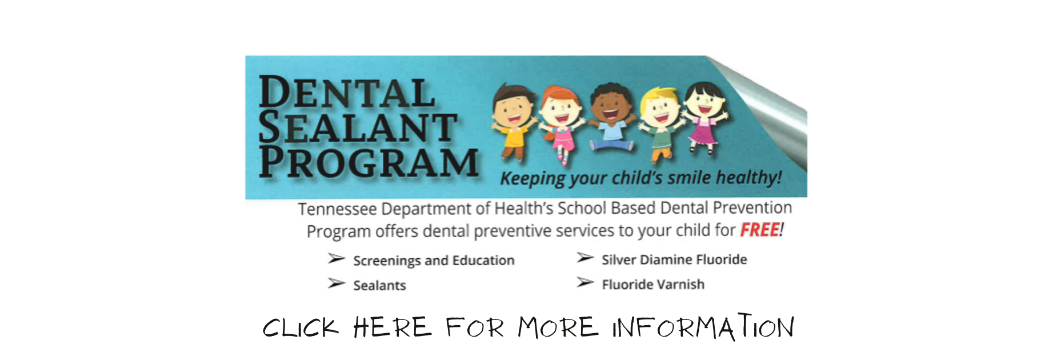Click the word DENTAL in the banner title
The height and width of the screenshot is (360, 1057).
click(x=347, y=93)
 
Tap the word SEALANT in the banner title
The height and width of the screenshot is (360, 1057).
click(x=358, y=127)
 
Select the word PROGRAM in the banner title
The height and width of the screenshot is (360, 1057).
click(x=369, y=162)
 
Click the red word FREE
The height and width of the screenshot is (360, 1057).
click(x=759, y=230)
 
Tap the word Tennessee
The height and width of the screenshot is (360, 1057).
click(x=337, y=209)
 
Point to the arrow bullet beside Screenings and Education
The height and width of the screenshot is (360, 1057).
click(x=336, y=259)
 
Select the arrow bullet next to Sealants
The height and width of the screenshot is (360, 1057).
click(x=336, y=283)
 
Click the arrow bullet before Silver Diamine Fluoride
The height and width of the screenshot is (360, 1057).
click(x=584, y=258)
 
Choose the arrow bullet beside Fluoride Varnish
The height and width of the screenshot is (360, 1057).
click(x=584, y=282)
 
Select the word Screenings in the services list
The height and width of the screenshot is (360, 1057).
click(x=387, y=261)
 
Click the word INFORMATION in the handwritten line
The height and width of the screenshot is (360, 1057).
click(x=703, y=327)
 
